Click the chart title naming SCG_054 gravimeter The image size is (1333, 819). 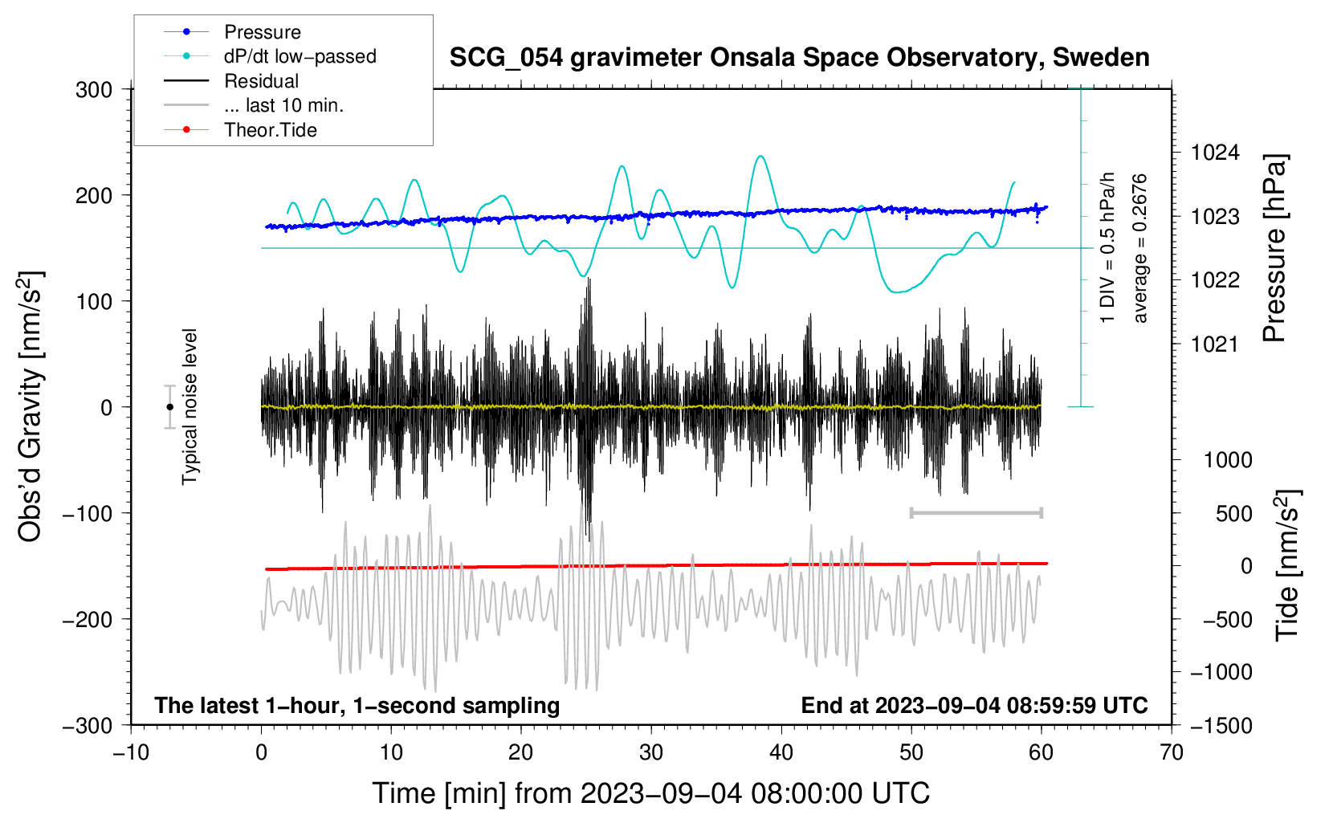tap(799, 58)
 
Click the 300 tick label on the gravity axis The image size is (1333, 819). tap(94, 90)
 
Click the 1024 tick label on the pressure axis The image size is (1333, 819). tap(1215, 153)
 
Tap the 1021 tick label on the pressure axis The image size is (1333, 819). tap(1215, 344)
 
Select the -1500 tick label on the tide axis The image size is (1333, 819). tap(1221, 726)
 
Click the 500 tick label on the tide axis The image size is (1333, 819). tap(1233, 514)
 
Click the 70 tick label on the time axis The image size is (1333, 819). tap(1171, 753)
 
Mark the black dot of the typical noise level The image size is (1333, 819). tap(169, 407)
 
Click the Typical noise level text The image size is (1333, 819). tap(190, 407)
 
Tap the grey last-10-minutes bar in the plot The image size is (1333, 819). tap(976, 512)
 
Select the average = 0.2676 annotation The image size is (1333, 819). tap(1139, 249)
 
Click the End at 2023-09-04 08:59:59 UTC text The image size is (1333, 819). tap(974, 705)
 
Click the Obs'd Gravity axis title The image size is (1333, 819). tap(31, 406)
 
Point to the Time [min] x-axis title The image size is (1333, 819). tap(651, 793)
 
